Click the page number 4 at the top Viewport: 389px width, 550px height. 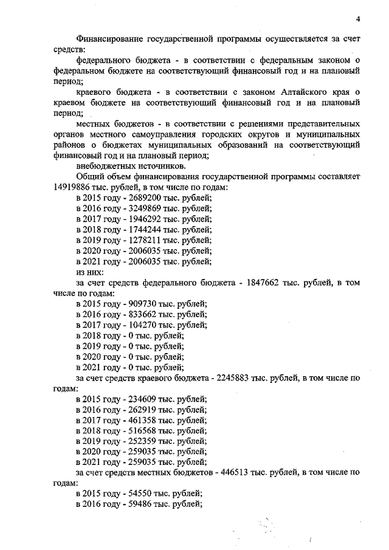358,19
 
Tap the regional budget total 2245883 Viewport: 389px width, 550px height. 232,377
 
